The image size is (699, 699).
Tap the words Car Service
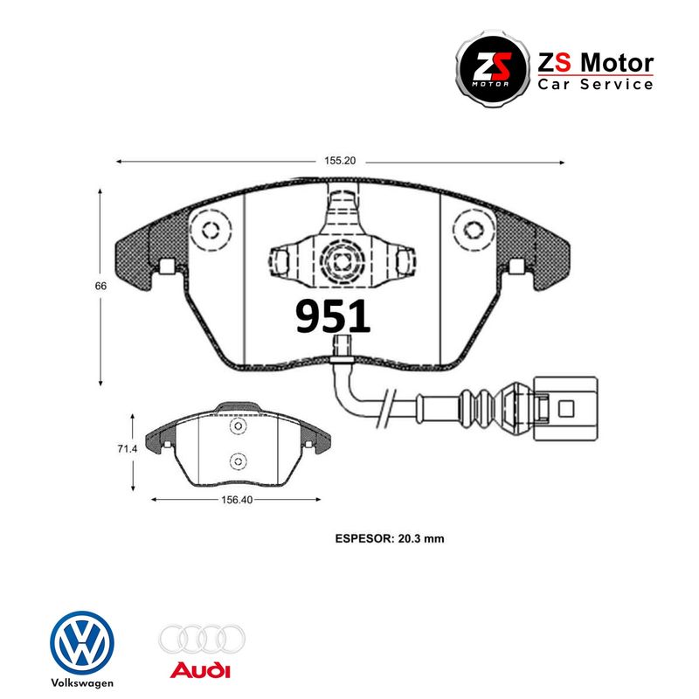tap(595, 85)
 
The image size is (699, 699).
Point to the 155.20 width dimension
tap(341, 162)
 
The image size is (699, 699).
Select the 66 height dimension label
tap(102, 286)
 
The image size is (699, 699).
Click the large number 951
tap(333, 316)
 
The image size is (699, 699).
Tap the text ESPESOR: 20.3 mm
tap(390, 539)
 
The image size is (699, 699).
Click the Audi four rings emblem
tap(202, 639)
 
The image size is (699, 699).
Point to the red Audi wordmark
tap(201, 671)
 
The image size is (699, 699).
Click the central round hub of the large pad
tap(339, 259)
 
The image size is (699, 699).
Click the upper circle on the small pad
tap(236, 426)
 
